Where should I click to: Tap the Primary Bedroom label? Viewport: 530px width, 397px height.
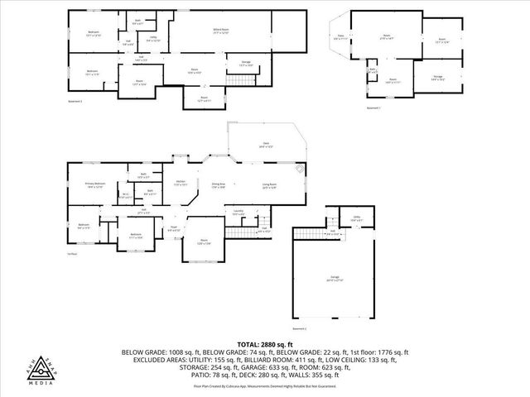tap(94, 184)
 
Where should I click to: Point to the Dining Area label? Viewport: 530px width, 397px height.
tap(219, 184)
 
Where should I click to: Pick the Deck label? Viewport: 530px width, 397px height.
tap(266, 145)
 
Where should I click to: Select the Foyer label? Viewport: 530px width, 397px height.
tap(175, 228)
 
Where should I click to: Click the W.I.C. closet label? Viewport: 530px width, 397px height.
tap(125, 196)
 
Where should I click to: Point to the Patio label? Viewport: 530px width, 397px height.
tap(340, 37)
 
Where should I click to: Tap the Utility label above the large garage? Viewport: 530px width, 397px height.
tap(356, 219)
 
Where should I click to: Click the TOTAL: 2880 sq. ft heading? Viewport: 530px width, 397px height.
tap(264, 343)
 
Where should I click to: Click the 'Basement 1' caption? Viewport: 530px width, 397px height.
tap(373, 108)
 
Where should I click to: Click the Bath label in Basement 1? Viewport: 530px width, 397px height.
tap(373, 70)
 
